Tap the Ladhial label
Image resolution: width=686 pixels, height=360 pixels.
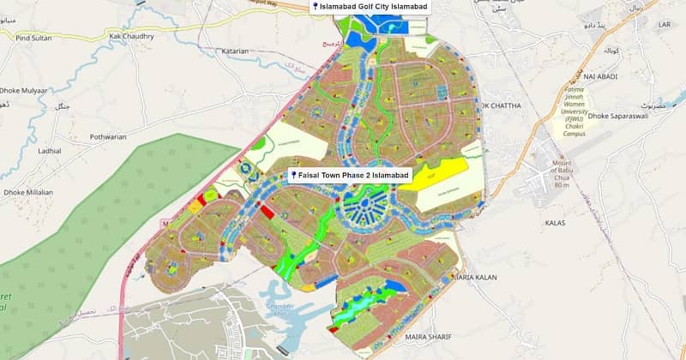50,150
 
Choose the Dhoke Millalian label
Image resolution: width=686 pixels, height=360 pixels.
27,192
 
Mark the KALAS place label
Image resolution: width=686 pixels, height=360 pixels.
555,222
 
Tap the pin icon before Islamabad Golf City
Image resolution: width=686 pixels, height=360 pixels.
316,7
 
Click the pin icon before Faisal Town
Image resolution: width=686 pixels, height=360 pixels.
293,175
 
